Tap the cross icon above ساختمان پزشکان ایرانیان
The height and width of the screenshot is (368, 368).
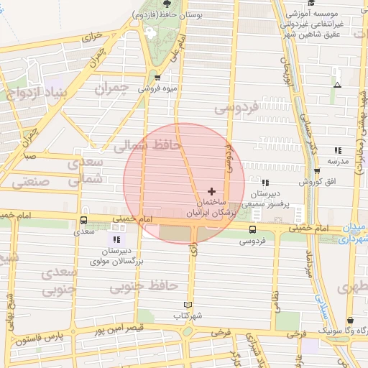click(211, 191)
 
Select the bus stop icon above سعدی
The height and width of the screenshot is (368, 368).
click(83, 220)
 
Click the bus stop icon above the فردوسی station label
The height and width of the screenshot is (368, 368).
click(251, 229)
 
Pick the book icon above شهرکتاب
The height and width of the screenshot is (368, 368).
click(189, 305)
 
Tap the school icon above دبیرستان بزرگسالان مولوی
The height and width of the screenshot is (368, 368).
click(116, 239)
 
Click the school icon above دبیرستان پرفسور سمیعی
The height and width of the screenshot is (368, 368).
click(266, 183)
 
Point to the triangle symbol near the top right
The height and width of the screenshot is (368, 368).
click(337, 85)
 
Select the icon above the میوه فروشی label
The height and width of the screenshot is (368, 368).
click(157, 78)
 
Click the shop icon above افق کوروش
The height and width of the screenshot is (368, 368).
click(317, 171)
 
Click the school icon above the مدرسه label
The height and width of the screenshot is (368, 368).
click(338, 150)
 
